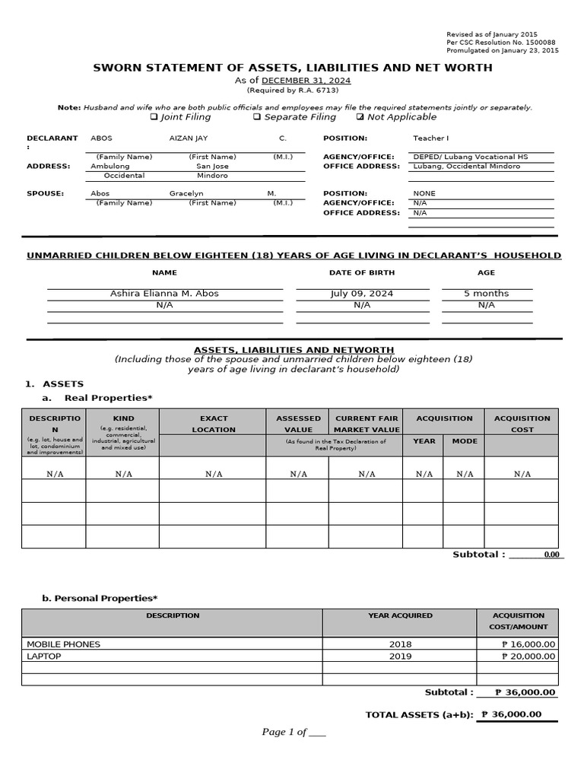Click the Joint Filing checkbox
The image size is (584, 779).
coord(154,117)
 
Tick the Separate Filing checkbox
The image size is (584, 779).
coord(257,117)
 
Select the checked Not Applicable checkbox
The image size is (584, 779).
coord(360,117)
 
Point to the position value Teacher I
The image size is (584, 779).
coord(431,138)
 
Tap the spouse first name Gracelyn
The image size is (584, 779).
coord(186,193)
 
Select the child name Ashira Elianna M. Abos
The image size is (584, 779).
coord(164,293)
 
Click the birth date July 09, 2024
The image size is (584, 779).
coord(362,293)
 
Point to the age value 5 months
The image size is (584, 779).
coord(486,293)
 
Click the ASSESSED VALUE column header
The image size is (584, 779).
coord(298,424)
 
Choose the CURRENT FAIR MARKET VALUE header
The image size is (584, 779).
coord(367,424)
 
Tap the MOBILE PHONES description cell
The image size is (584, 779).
coord(64,644)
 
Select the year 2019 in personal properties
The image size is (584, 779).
coord(399,656)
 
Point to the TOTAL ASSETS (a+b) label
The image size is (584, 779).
coord(419,714)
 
